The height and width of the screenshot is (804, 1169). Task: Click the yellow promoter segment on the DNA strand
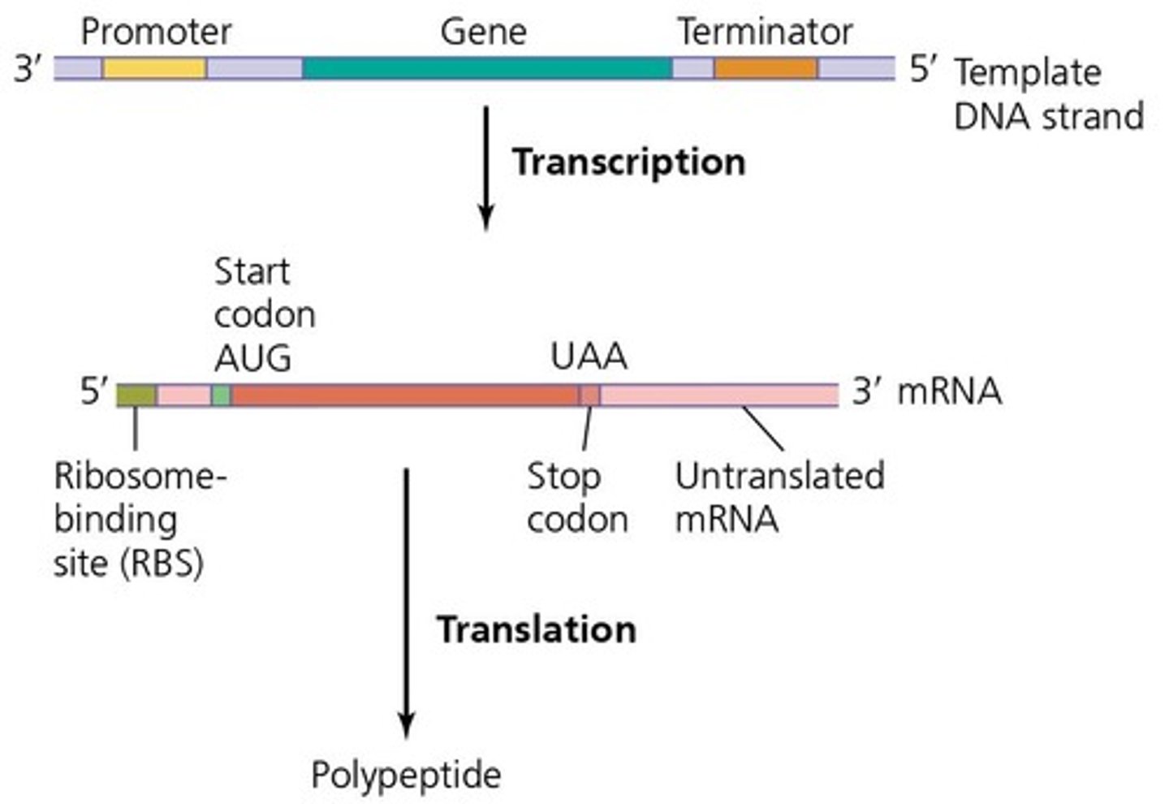(154, 68)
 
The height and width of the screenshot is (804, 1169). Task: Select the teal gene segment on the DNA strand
(487, 68)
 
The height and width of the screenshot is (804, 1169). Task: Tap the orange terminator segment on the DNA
(766, 68)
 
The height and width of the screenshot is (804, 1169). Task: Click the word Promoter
(156, 32)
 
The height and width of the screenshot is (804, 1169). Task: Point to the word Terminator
(765, 32)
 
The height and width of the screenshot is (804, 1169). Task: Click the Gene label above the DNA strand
(483, 32)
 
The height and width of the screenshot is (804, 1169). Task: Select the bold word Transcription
(628, 162)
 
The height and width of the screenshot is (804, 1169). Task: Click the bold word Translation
(537, 629)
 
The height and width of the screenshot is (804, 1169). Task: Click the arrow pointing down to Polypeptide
(407, 601)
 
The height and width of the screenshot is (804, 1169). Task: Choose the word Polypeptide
(406, 775)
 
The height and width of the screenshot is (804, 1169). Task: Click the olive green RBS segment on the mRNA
(136, 396)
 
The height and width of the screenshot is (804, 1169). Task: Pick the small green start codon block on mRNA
(221, 396)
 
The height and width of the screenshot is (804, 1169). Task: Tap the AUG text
(252, 357)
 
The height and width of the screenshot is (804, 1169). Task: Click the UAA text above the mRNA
(589, 357)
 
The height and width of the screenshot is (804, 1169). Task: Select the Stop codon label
(576, 498)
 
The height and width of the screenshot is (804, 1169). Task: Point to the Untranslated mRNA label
(779, 498)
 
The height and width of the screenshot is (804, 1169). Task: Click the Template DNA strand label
(1047, 94)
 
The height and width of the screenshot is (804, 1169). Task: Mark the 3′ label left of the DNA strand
(28, 69)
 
